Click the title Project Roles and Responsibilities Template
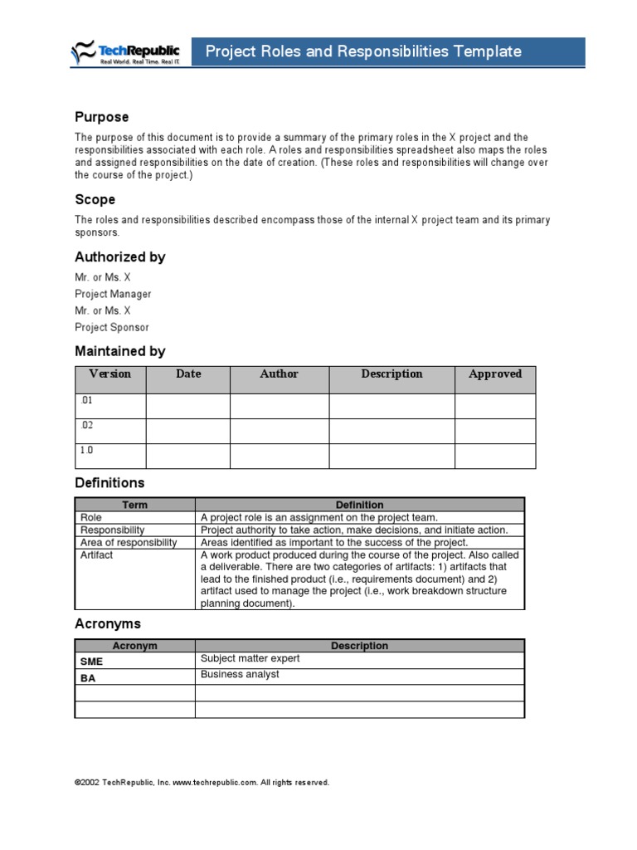click(363, 51)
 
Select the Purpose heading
click(102, 117)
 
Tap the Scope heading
click(95, 200)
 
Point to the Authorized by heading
click(120, 257)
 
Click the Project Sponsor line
click(112, 328)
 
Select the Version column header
click(110, 374)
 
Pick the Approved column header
click(495, 374)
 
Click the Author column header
click(279, 374)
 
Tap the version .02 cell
click(110, 431)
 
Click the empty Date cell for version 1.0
click(188, 456)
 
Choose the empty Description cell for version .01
click(391, 406)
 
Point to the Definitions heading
click(109, 483)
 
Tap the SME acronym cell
click(135, 662)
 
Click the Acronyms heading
click(108, 624)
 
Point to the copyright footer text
click(202, 783)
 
